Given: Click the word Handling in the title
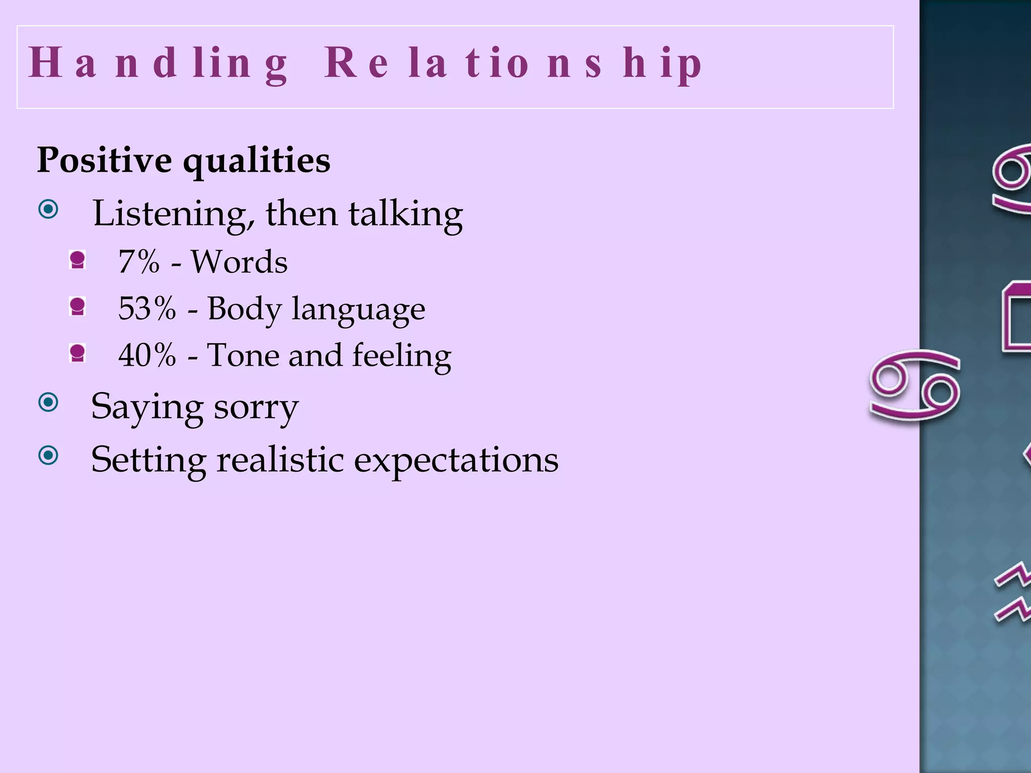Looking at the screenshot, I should [158, 64].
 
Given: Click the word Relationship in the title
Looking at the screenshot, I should [512, 64].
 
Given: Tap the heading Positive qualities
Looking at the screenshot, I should [183, 160].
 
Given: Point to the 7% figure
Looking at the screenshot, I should [138, 262].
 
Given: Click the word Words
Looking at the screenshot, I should [239, 262].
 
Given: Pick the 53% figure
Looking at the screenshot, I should [147, 308].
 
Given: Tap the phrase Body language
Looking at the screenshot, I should [316, 308].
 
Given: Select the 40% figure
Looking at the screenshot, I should [147, 355].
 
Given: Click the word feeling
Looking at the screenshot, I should [401, 355].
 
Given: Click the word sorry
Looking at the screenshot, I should [256, 407].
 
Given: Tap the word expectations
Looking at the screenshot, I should [456, 459].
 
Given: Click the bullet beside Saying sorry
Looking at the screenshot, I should [49, 402].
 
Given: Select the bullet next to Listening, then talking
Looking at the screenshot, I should [49, 209].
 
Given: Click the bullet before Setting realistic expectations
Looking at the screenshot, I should [49, 455].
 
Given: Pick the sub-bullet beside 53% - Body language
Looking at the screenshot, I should [78, 306].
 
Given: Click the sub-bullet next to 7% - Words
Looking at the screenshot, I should [78, 260].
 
